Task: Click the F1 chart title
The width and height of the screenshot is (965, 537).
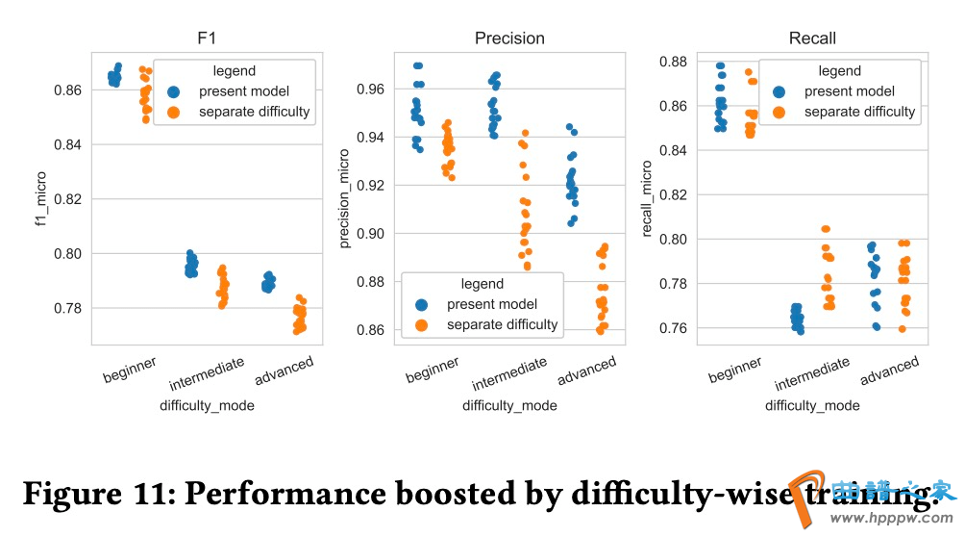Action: click(x=207, y=38)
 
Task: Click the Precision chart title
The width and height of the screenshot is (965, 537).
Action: click(x=509, y=38)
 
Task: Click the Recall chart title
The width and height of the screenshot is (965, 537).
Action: click(x=812, y=38)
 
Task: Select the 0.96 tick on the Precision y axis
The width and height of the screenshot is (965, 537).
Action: click(x=371, y=89)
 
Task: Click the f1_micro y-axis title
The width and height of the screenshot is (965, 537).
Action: click(x=40, y=198)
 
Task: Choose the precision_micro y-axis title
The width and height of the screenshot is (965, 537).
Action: click(x=344, y=198)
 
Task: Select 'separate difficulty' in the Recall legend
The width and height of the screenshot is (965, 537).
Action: click(x=860, y=112)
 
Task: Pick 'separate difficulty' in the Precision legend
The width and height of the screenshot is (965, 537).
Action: click(x=502, y=324)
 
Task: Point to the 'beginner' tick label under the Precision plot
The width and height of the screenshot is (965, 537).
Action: click(x=433, y=370)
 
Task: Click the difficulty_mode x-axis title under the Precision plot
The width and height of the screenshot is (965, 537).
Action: click(x=509, y=405)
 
